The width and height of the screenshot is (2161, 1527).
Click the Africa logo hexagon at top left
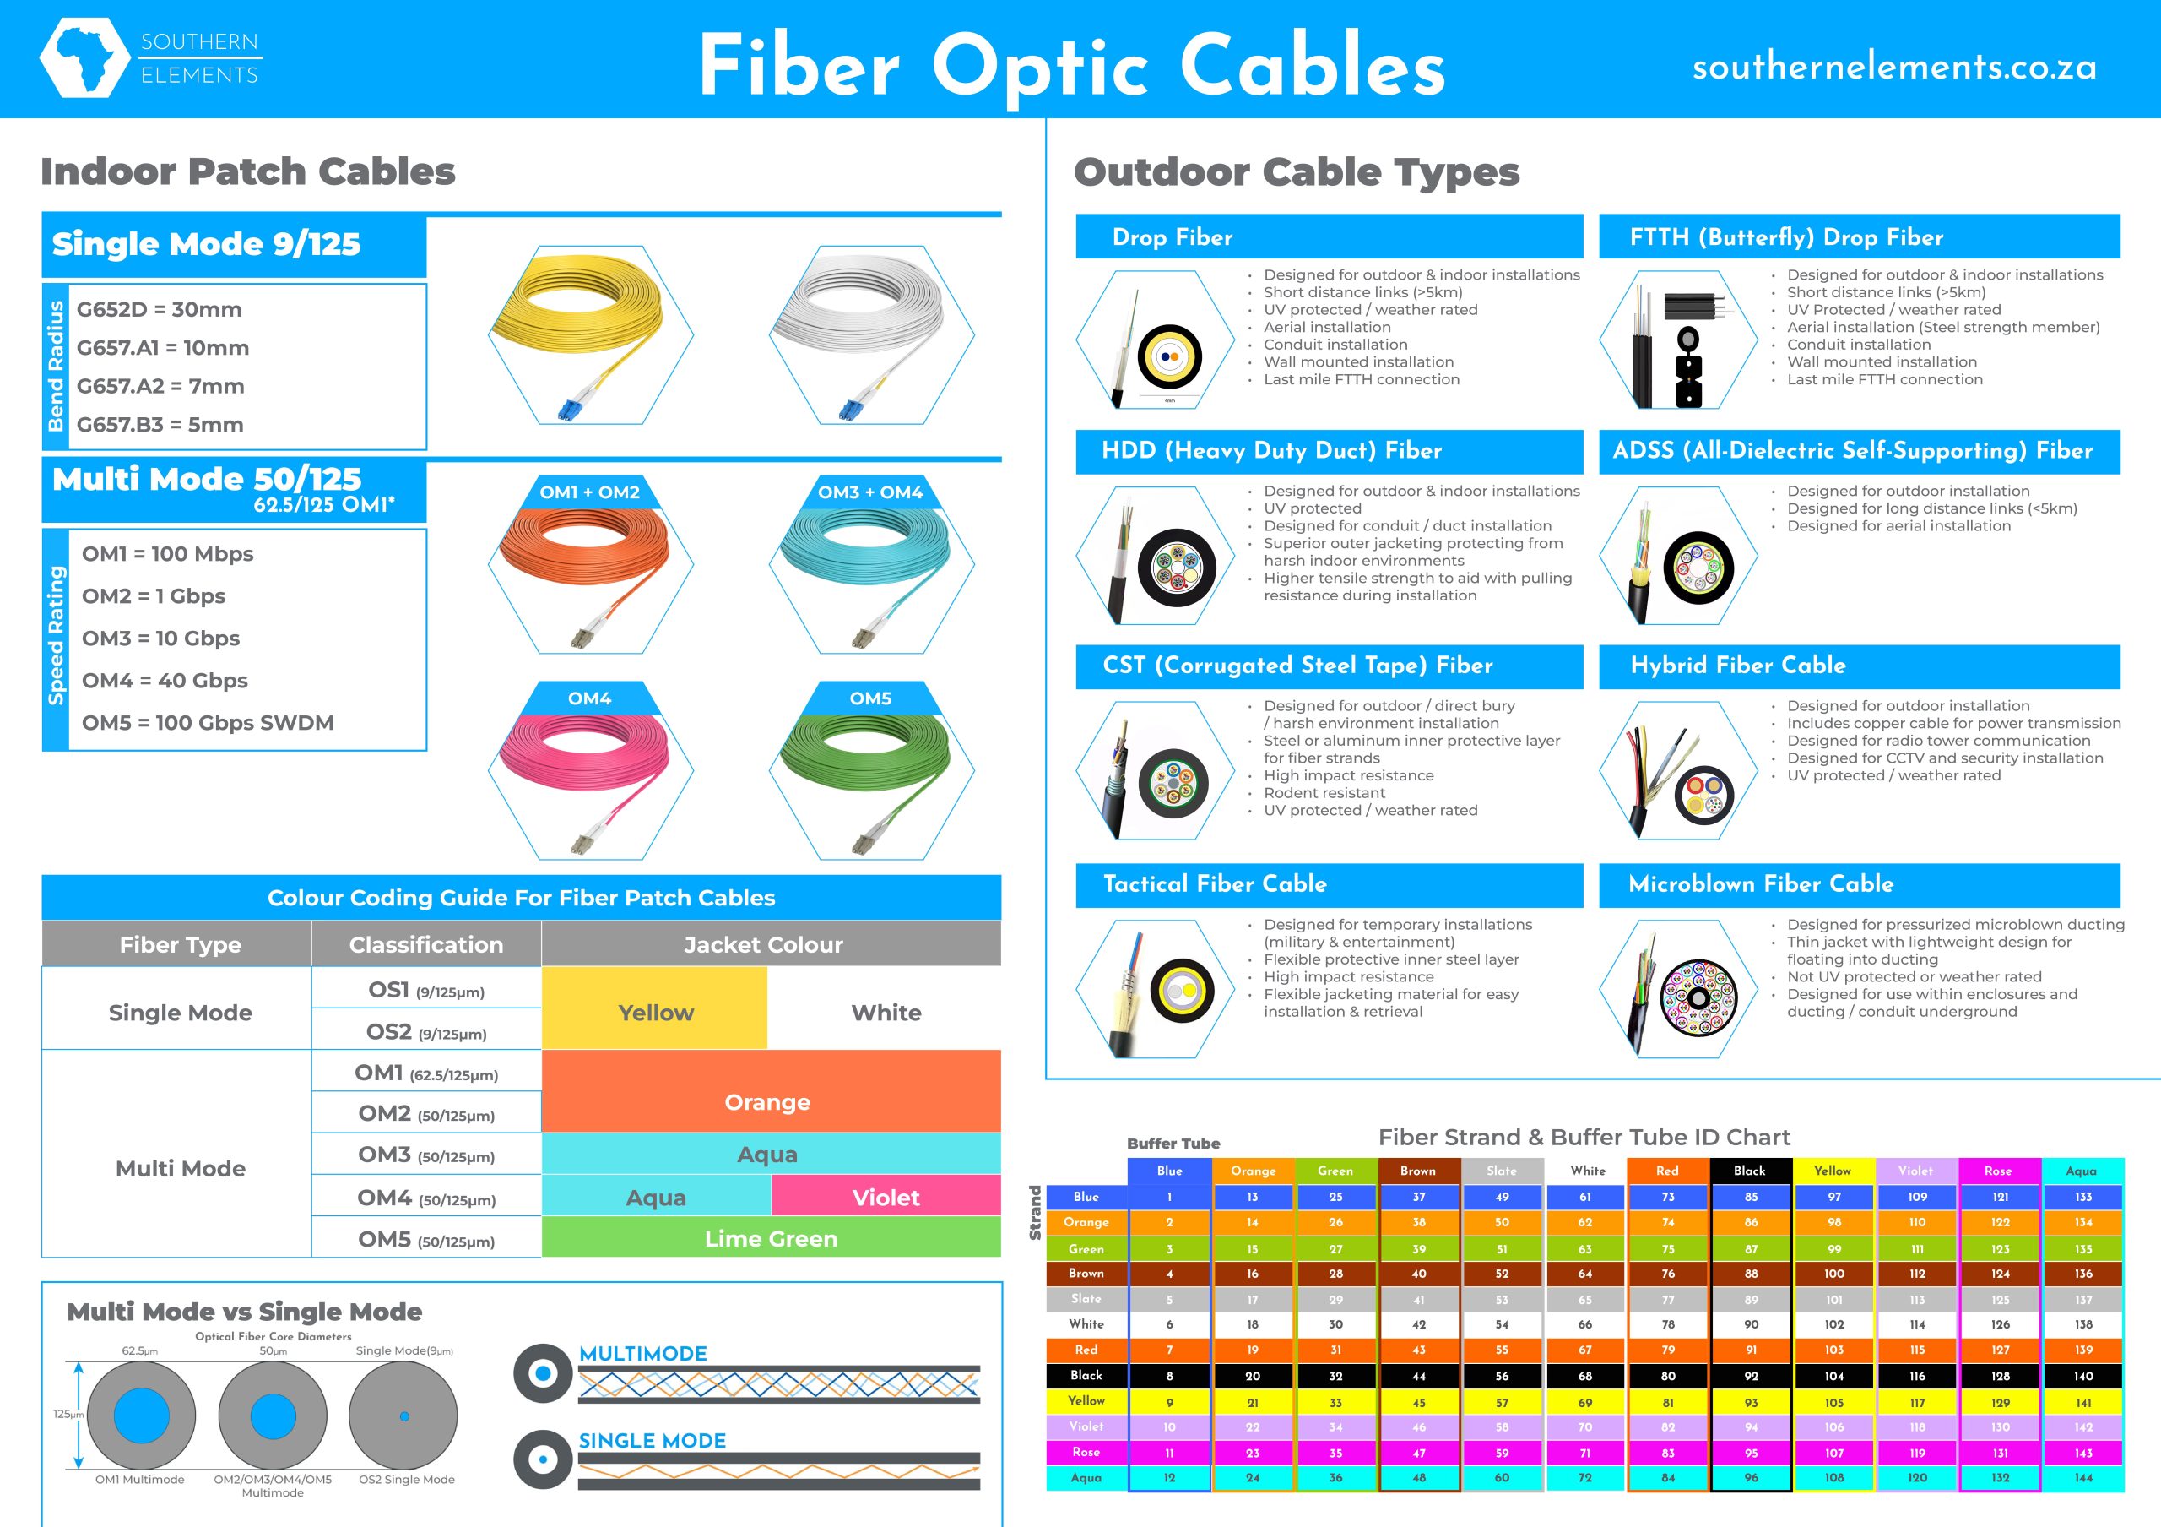(84, 57)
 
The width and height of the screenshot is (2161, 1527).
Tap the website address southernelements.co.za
(1893, 67)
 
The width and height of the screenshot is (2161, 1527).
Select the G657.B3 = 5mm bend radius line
(160, 425)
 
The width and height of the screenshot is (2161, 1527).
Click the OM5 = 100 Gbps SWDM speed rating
(208, 723)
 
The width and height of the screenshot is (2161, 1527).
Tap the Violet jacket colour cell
(886, 1197)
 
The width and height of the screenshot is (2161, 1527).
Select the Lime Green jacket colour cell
(771, 1238)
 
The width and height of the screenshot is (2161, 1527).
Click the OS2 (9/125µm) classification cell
(426, 1032)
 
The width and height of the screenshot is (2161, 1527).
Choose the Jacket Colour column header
(763, 944)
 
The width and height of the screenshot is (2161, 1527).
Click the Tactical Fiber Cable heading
(1215, 884)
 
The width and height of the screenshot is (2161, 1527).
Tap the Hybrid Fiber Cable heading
(1738, 665)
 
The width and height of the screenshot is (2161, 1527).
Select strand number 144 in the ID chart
(2082, 1477)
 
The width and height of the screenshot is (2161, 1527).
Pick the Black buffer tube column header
(1750, 1171)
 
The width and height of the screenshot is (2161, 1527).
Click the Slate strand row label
(1086, 1298)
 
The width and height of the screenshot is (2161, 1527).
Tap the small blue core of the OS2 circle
(404, 1416)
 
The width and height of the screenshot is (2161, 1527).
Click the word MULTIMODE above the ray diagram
(643, 1353)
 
